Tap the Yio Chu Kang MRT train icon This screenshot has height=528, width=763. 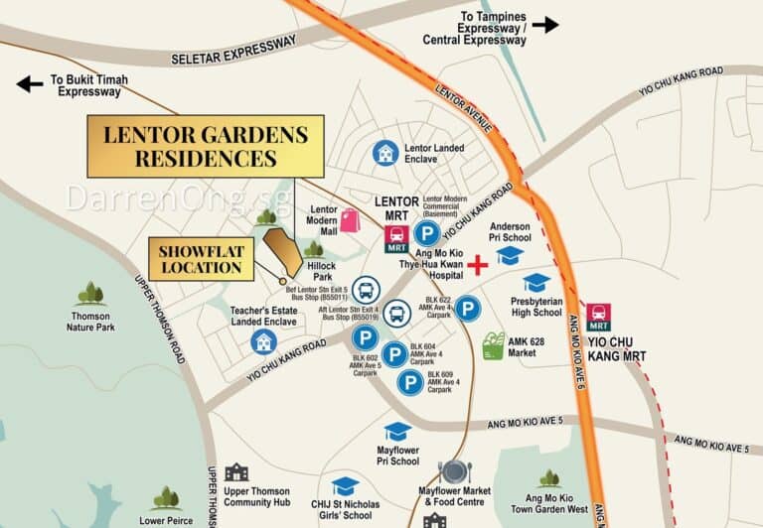click(x=598, y=318)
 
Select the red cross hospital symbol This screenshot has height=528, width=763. click(x=480, y=265)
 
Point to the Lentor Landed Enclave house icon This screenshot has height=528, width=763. click(x=385, y=153)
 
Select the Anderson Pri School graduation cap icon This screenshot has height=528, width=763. click(x=510, y=256)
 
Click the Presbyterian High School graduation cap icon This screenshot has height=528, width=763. click(x=536, y=283)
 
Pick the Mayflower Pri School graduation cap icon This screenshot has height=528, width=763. click(x=397, y=432)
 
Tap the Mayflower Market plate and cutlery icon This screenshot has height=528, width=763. click(x=454, y=470)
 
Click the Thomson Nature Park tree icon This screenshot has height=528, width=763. click(x=90, y=293)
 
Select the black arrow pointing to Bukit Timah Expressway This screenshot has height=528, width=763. click(x=29, y=84)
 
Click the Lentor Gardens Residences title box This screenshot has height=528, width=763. click(x=206, y=146)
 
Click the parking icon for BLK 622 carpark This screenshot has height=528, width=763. click(x=468, y=309)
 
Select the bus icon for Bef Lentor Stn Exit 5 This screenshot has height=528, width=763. click(x=365, y=289)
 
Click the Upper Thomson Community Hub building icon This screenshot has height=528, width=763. click(x=236, y=472)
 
